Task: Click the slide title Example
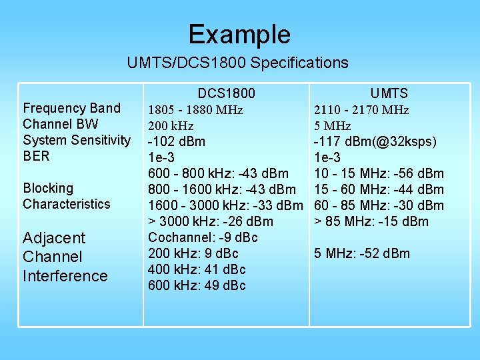tap(239, 34)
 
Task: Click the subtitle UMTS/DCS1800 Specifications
tap(238, 63)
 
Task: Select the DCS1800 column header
tap(226, 93)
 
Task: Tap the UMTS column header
tap(389, 93)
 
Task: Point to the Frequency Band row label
tap(71, 108)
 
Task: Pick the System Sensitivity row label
tap(77, 140)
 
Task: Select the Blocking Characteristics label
tap(66, 196)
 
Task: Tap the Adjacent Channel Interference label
tap(65, 257)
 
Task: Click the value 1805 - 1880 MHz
tap(195, 110)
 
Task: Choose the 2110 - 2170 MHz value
tap(361, 110)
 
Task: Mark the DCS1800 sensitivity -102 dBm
tap(176, 141)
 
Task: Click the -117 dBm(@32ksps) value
tap(375, 141)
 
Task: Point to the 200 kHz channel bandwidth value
tap(170, 126)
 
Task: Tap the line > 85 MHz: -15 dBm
tap(371, 221)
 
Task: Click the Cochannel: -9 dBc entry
tap(203, 237)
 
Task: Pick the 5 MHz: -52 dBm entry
tap(361, 253)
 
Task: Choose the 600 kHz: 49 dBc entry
tap(197, 285)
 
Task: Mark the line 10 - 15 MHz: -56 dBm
tap(378, 173)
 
